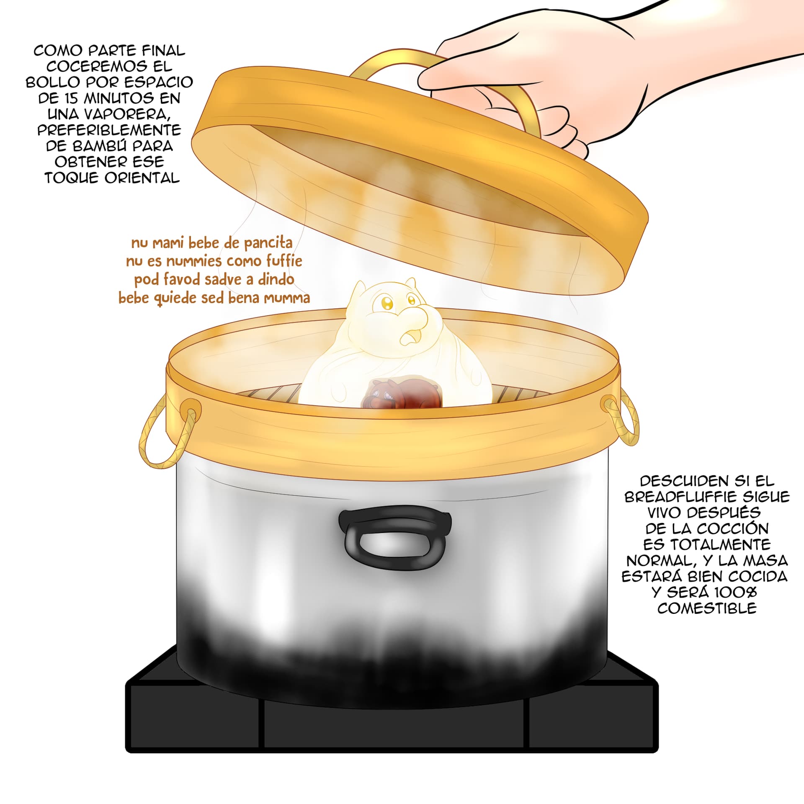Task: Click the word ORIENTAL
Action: [x=142, y=178]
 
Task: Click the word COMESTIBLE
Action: [x=707, y=608]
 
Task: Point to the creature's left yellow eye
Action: [x=387, y=302]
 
